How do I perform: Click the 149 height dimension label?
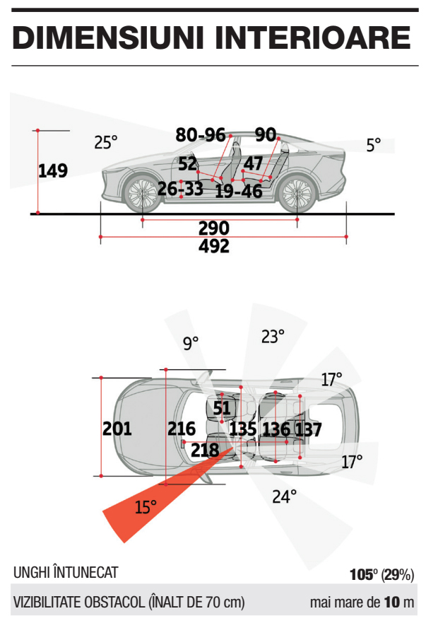pos(53,171)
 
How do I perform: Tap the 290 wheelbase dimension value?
pos(214,228)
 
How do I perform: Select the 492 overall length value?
pos(214,246)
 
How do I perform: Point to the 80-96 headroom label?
pos(201,135)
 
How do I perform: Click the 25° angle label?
pos(105,142)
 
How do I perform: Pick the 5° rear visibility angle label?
pos(374,145)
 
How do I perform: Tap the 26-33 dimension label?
pos(180,189)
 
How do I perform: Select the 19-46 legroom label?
pos(239,192)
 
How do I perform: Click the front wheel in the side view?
pos(143,194)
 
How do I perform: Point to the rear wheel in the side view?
pos(297,194)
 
